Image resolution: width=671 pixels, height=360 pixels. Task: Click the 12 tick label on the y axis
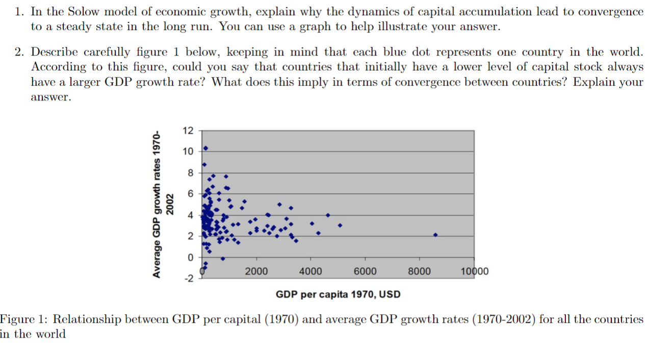click(188, 131)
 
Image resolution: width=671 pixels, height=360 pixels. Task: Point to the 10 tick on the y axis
click(188, 151)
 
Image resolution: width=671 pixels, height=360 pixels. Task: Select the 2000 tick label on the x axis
click(256, 271)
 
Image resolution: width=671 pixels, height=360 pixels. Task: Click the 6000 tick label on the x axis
click(365, 271)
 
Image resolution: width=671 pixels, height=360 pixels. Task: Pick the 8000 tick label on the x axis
click(419, 271)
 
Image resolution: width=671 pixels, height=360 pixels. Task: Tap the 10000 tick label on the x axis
click(474, 271)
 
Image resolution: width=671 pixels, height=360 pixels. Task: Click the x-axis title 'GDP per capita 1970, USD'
click(338, 294)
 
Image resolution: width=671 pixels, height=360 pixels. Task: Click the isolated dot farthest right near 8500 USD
click(435, 235)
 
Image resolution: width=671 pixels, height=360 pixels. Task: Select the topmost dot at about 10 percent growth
click(205, 148)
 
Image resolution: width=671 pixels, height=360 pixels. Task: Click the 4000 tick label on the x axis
click(311, 271)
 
